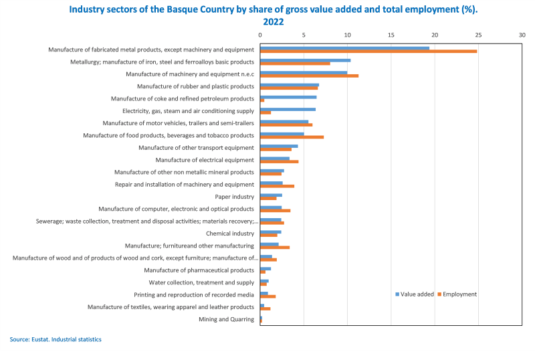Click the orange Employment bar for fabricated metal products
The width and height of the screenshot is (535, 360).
coord(368,52)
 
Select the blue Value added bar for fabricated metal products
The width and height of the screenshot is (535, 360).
coord(344,48)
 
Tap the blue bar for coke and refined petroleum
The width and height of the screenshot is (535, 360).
coord(288,97)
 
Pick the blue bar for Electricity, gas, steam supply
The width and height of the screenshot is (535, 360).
coord(288,110)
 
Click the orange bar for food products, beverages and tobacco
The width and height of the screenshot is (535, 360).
coord(292,137)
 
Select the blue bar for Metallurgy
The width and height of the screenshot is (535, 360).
coord(305,60)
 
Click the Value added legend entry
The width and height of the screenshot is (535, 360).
coord(416,294)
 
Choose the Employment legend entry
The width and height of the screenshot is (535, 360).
coord(459,294)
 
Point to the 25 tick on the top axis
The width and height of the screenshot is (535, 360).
coord(478,34)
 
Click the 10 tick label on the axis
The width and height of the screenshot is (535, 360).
coord(347,34)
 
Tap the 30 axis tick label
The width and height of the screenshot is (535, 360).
coord(522,34)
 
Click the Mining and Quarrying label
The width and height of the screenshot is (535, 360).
coord(227,319)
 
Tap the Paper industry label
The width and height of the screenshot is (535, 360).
coord(234,197)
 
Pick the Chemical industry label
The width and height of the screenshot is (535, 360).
coord(230,234)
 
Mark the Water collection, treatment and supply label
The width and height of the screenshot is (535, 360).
coord(201,282)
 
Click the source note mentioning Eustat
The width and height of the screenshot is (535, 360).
coord(56,339)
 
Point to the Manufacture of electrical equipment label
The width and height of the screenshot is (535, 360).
coord(205,160)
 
